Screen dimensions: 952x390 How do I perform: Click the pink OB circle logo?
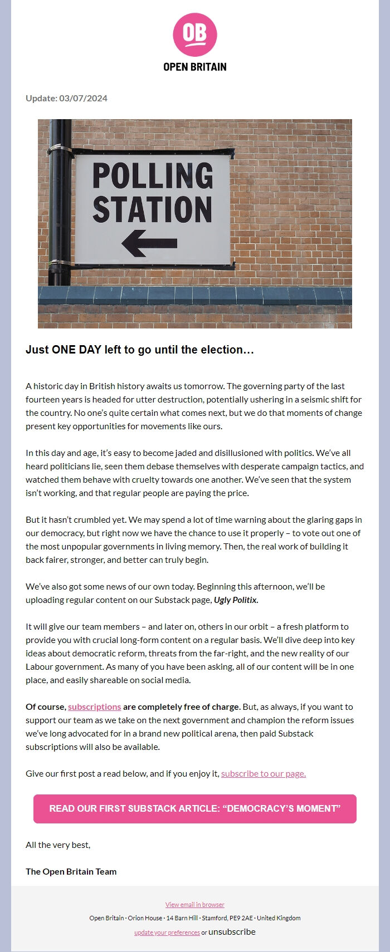click(x=194, y=35)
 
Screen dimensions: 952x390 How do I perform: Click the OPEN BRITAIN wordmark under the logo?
click(x=194, y=67)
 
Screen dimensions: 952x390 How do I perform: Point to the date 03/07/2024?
click(x=84, y=99)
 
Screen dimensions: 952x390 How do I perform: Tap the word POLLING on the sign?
click(x=153, y=175)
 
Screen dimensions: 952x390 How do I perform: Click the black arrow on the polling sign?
click(x=149, y=243)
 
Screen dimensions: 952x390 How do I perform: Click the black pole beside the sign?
click(x=58, y=223)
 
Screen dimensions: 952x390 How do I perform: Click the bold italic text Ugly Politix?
click(x=236, y=600)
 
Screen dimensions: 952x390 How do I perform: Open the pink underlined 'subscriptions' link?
click(x=94, y=707)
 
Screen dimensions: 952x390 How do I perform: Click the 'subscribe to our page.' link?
click(x=264, y=774)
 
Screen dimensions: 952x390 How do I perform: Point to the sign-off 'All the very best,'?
click(x=58, y=845)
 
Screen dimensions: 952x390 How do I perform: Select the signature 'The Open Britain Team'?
click(x=71, y=872)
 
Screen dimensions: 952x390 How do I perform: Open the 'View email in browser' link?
click(x=194, y=905)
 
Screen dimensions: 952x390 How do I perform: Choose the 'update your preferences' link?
click(x=167, y=933)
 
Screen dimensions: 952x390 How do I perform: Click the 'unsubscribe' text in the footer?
click(x=232, y=932)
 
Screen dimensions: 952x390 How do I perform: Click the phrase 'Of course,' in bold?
click(x=46, y=707)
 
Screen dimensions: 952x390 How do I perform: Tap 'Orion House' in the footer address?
click(x=145, y=918)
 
